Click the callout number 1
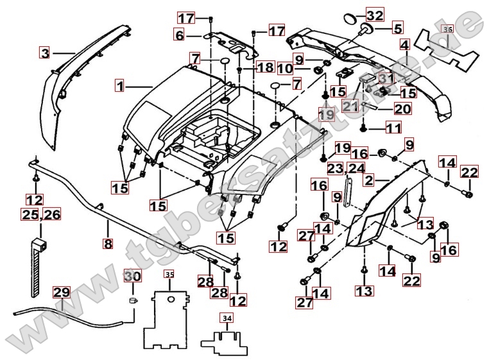click(121, 85)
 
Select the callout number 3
click(45, 53)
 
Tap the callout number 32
click(375, 15)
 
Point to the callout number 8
click(108, 243)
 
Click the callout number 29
click(62, 293)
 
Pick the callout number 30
click(133, 275)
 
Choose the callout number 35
click(169, 274)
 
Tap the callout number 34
click(227, 318)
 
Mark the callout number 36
click(448, 29)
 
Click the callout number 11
click(393, 128)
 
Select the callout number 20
click(402, 109)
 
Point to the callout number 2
click(369, 180)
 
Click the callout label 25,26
click(41, 214)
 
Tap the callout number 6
click(180, 35)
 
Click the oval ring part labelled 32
click(351, 18)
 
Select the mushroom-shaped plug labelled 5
click(366, 30)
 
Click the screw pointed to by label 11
click(363, 127)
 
